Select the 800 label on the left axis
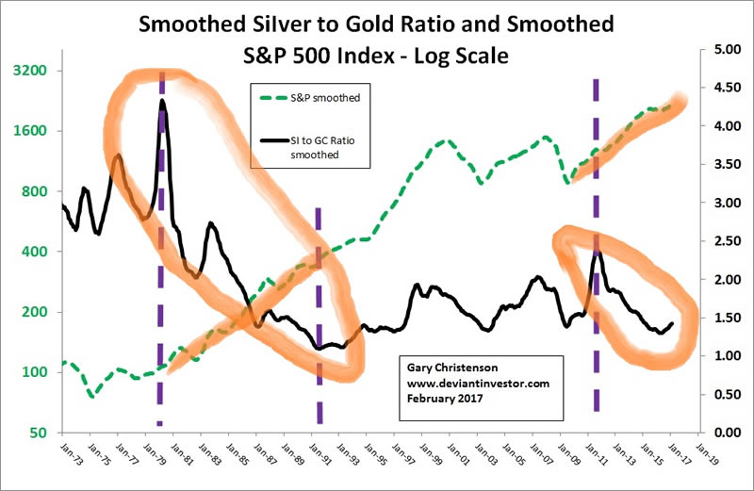click(36, 191)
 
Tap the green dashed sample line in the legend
click(273, 97)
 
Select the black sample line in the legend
click(273, 140)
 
